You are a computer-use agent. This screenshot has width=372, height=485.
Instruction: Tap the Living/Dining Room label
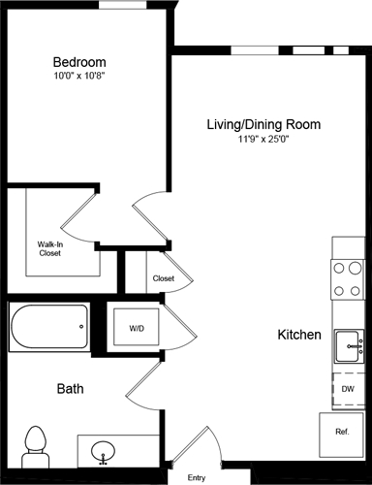pyautogui.click(x=263, y=125)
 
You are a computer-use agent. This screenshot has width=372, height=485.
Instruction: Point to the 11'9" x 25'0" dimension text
pyautogui.click(x=263, y=140)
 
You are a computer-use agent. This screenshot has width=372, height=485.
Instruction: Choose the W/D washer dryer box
pyautogui.click(x=137, y=329)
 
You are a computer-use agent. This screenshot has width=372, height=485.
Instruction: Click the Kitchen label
pyautogui.click(x=299, y=335)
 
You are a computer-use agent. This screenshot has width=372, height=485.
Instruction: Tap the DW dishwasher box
pyautogui.click(x=348, y=389)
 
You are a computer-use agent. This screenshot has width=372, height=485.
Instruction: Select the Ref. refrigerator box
pyautogui.click(x=342, y=432)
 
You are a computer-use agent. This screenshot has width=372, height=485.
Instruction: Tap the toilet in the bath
pyautogui.click(x=36, y=444)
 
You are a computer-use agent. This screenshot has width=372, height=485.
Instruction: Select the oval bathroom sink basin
pyautogui.click(x=104, y=451)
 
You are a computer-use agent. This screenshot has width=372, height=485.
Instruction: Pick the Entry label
pyautogui.click(x=197, y=477)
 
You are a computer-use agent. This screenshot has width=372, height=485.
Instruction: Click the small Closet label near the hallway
pyautogui.click(x=164, y=279)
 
